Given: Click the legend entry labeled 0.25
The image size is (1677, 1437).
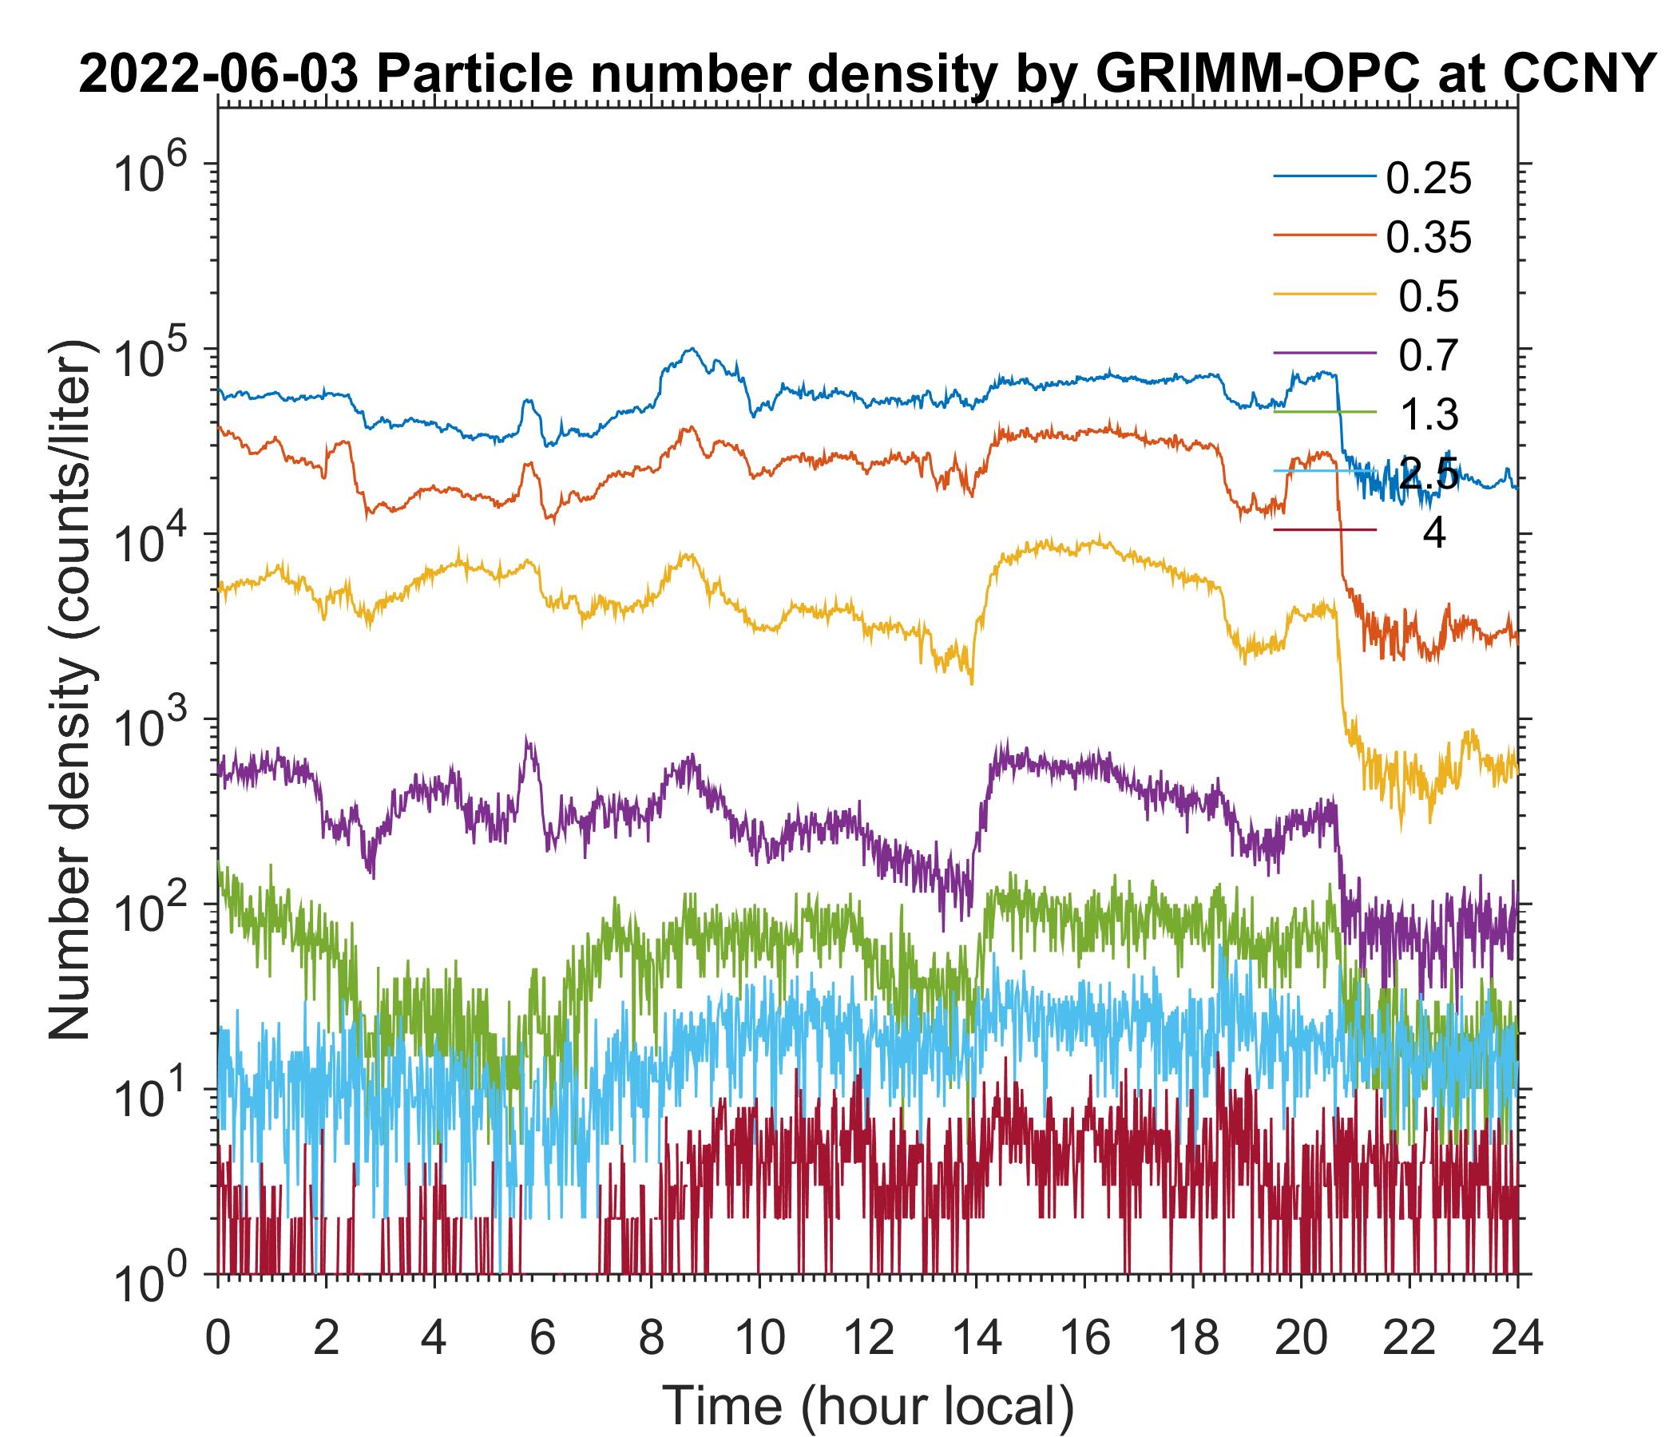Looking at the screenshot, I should (1428, 179).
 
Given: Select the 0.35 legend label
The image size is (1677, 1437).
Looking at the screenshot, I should (1428, 238).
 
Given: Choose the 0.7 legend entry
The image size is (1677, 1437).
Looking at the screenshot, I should (1429, 356).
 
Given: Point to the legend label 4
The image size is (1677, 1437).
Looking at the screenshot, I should (1433, 533).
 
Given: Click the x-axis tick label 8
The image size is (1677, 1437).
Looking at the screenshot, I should (651, 1336).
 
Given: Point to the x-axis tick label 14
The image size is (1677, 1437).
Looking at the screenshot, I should (976, 1336).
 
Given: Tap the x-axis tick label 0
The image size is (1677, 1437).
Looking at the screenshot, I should (217, 1336).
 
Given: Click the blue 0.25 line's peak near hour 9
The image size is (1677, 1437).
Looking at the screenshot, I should (692, 349).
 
